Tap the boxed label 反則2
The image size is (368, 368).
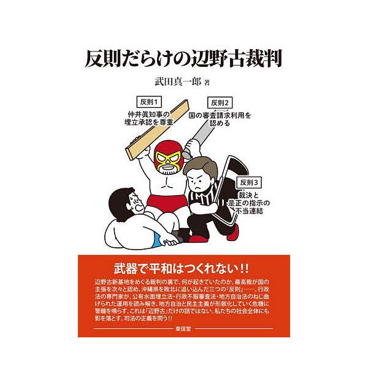coord(221,102)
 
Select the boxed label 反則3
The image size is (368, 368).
coord(251,182)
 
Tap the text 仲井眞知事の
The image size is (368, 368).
coord(149,114)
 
